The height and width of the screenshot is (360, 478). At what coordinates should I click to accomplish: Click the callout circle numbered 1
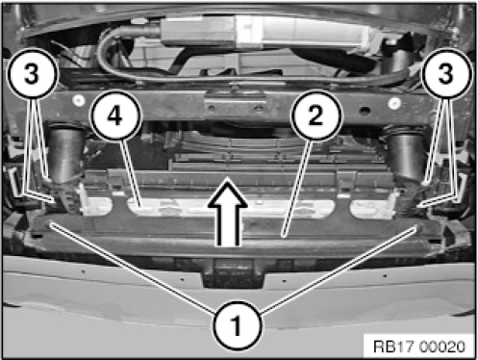click(237, 325)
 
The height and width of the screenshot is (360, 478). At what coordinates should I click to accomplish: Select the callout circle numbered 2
click(315, 116)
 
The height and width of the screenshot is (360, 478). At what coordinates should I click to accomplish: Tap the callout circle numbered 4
click(115, 116)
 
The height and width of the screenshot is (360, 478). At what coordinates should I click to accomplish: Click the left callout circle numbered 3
click(32, 73)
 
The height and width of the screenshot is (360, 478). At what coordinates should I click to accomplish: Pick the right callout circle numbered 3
click(446, 73)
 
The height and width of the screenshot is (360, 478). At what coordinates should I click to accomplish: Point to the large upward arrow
click(228, 214)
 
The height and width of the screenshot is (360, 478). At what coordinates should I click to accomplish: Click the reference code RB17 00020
click(419, 347)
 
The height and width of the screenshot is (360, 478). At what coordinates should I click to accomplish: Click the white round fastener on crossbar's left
click(78, 101)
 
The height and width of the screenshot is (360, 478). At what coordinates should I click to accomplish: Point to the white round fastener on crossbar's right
click(394, 103)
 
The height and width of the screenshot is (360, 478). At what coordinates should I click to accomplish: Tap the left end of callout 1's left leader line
click(51, 225)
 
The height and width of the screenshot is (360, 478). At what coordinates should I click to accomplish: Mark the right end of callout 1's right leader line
click(416, 227)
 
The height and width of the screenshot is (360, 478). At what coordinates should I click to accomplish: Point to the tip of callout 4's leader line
click(139, 205)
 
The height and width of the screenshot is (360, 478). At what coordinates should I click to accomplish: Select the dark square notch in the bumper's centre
click(234, 272)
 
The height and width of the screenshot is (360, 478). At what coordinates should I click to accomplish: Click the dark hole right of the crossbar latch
click(364, 112)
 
